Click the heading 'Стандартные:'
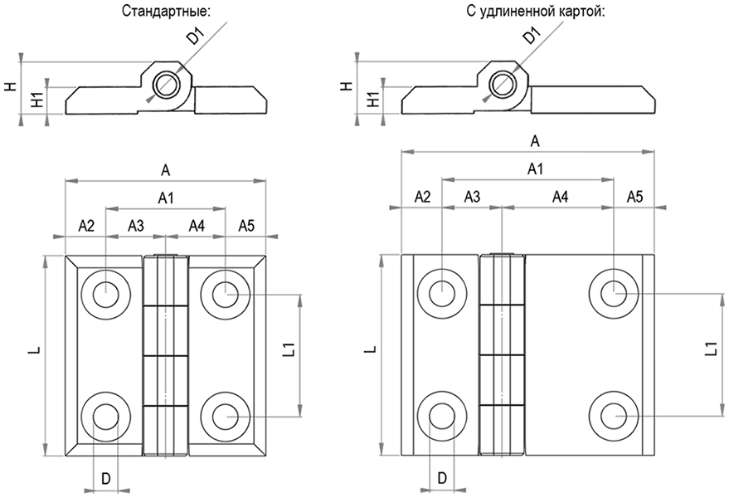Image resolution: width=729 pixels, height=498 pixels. (x=166, y=12)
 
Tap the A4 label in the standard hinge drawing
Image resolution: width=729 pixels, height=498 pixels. (x=197, y=225)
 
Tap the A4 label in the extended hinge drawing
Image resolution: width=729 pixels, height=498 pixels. (x=560, y=197)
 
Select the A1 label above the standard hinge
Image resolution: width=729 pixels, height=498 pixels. (x=166, y=197)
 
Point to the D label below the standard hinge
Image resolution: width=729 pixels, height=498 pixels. (x=105, y=479)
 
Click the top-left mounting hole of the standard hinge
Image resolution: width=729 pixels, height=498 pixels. (x=105, y=294)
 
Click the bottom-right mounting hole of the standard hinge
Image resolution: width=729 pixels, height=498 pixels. (x=225, y=414)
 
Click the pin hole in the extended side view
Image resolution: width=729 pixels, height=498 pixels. (x=502, y=83)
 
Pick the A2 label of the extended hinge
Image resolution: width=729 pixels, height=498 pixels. (x=421, y=197)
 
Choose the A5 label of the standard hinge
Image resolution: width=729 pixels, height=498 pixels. (x=247, y=225)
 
